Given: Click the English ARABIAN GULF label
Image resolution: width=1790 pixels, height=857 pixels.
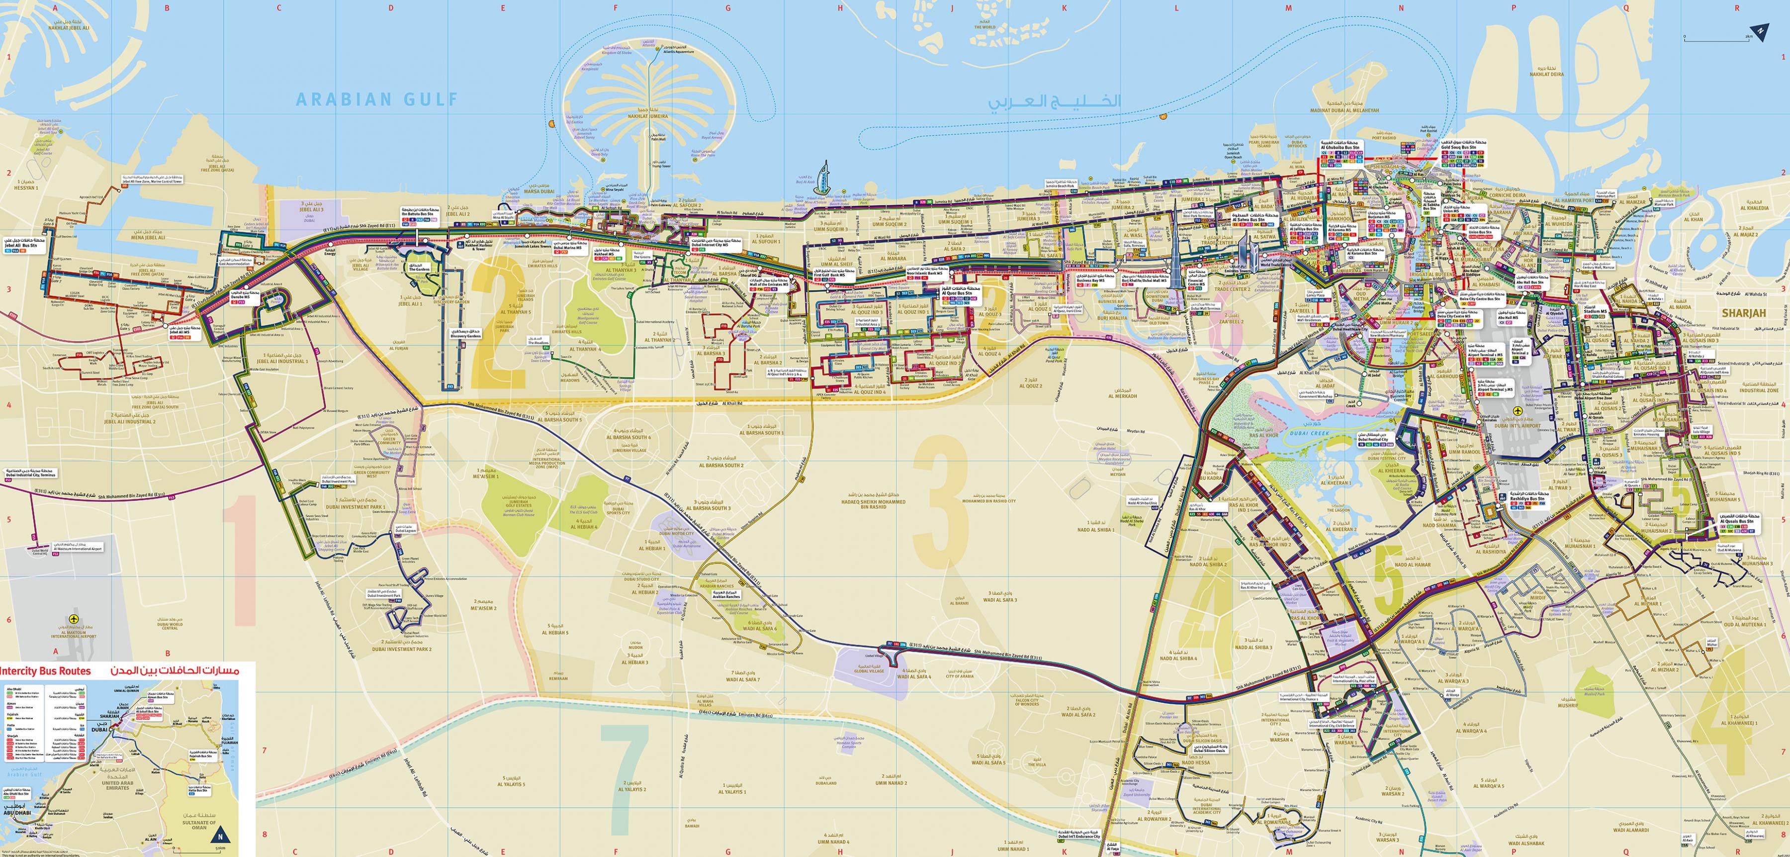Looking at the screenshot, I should (x=377, y=100).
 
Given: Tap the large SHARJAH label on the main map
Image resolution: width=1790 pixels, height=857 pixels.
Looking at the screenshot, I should (x=1743, y=313).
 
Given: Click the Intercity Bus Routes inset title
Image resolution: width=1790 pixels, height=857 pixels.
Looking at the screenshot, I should (x=45, y=670).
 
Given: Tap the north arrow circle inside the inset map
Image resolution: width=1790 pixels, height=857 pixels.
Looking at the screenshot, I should (x=222, y=833).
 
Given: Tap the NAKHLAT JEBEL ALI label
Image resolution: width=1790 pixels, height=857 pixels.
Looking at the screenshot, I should (x=69, y=28).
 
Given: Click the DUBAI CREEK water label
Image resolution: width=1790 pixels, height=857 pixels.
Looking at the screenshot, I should (x=1309, y=434).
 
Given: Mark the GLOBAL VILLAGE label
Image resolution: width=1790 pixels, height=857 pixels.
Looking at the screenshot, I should (x=869, y=670).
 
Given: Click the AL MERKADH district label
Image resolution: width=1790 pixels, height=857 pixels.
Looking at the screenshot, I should (x=1122, y=396).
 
